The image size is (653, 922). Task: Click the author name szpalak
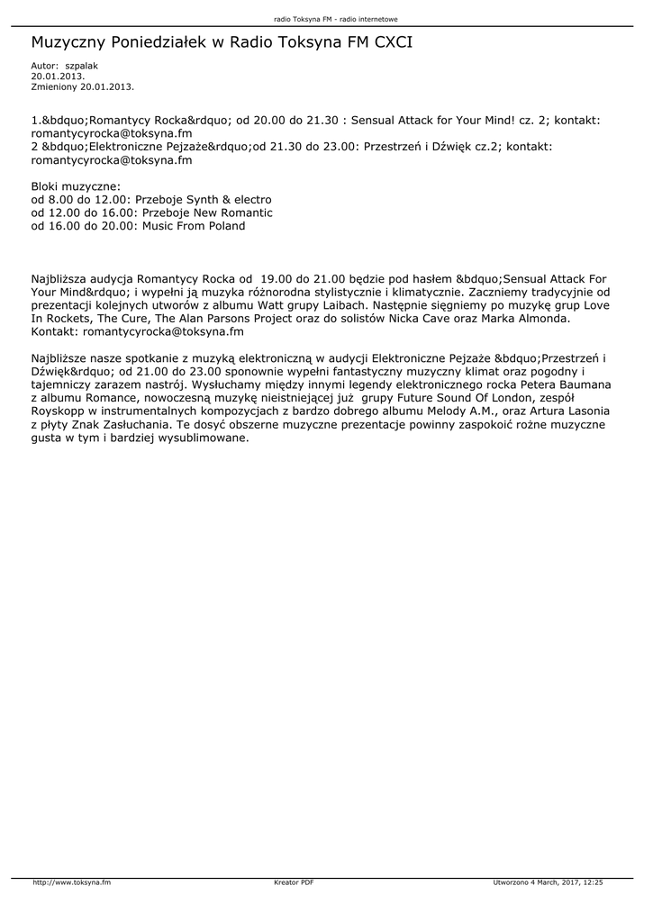point(82,67)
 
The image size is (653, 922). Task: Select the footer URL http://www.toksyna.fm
point(72,882)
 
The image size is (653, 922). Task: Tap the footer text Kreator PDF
point(294,882)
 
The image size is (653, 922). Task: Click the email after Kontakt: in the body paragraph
point(162,333)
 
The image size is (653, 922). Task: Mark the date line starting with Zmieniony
point(82,86)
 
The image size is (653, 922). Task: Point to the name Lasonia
point(585,411)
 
